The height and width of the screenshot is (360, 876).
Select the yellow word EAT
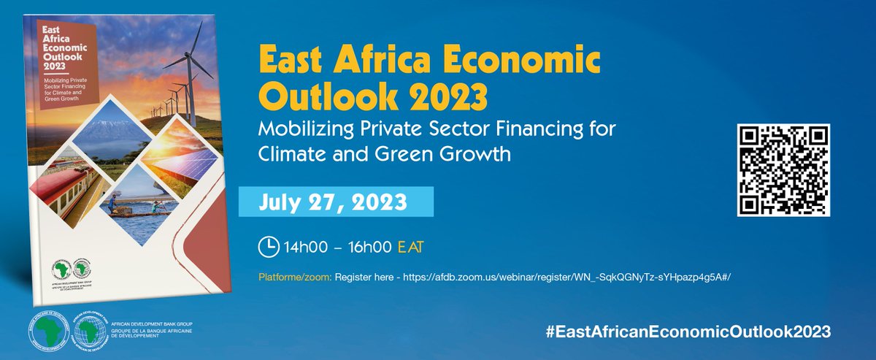[411, 248]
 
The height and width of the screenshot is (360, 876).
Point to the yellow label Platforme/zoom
[295, 278]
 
